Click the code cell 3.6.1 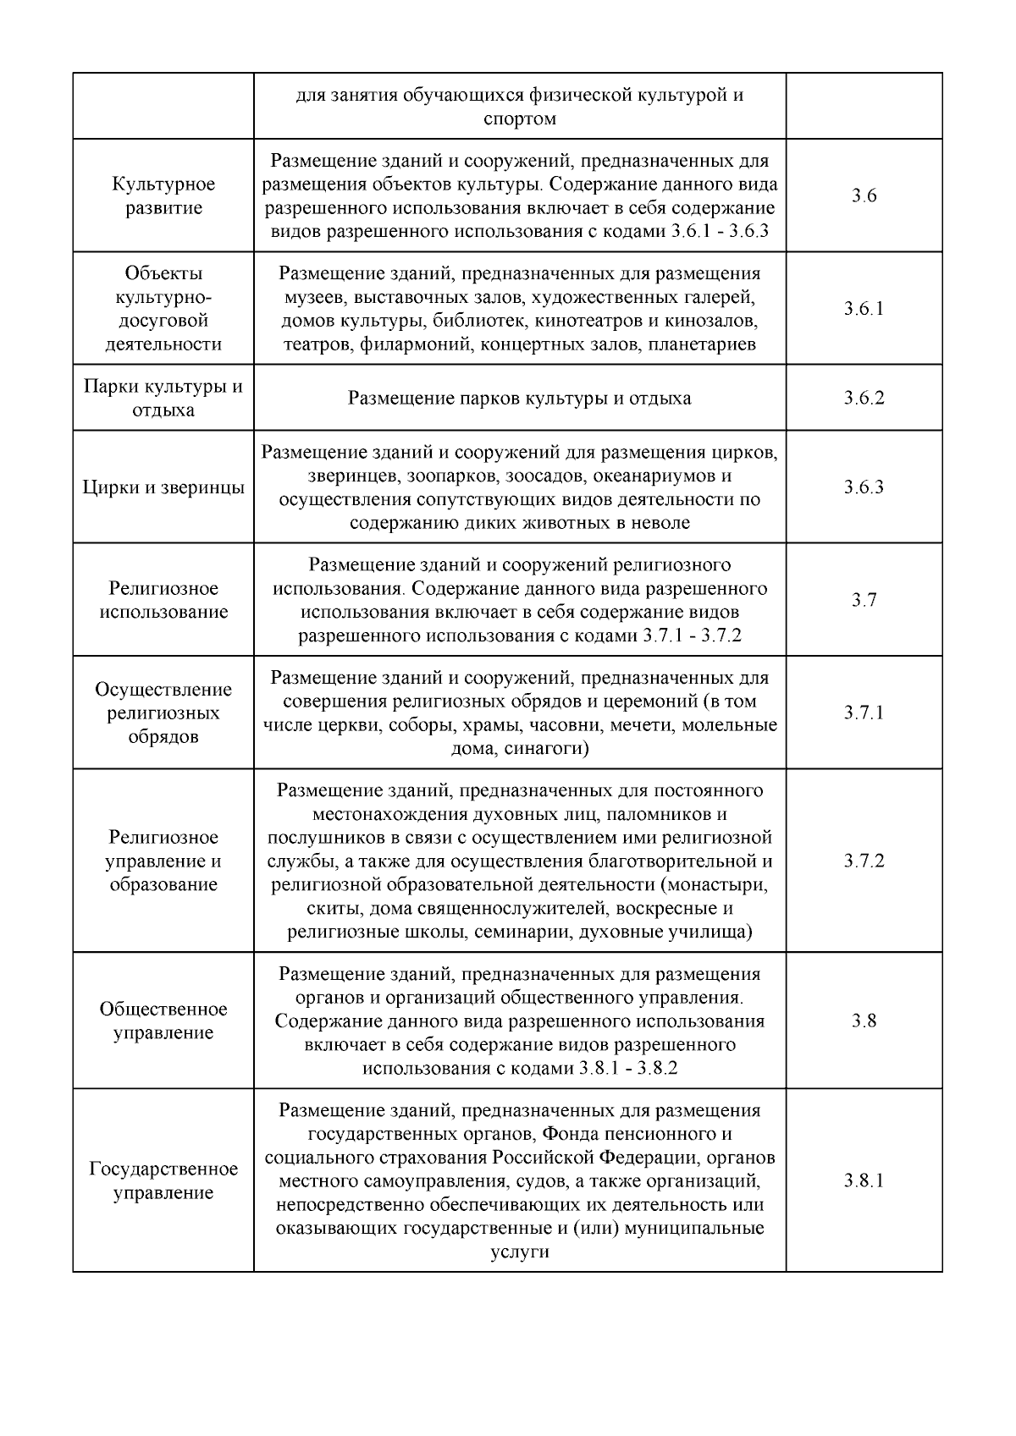pyautogui.click(x=864, y=309)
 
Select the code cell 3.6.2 pyautogui.click(x=864, y=398)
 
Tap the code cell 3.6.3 pyautogui.click(x=864, y=487)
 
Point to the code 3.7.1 pyautogui.click(x=864, y=712)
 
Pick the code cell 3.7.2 pyautogui.click(x=864, y=861)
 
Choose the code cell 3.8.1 pyautogui.click(x=864, y=1180)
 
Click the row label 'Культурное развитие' pyautogui.click(x=163, y=196)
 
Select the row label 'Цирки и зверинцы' pyautogui.click(x=163, y=487)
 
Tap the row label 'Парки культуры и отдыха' pyautogui.click(x=163, y=398)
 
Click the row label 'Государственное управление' pyautogui.click(x=163, y=1180)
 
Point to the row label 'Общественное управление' pyautogui.click(x=163, y=1021)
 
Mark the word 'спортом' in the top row pyautogui.click(x=520, y=118)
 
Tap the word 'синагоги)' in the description pyautogui.click(x=546, y=749)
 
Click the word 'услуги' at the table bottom pyautogui.click(x=520, y=1252)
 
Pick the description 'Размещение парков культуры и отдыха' pyautogui.click(x=520, y=398)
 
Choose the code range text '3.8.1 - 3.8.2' pyautogui.click(x=628, y=1068)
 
